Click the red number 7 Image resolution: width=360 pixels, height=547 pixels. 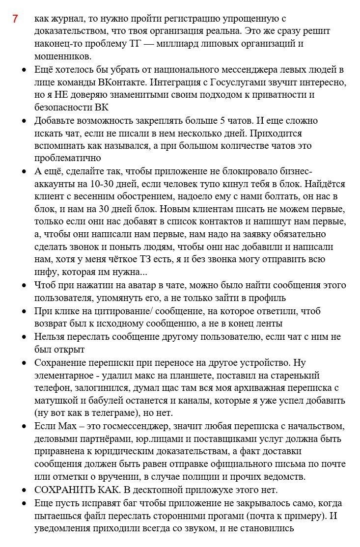click(15, 19)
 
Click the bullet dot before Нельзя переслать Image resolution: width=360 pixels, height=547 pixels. click(24, 337)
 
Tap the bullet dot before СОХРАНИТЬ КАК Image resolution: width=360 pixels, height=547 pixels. click(24, 490)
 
